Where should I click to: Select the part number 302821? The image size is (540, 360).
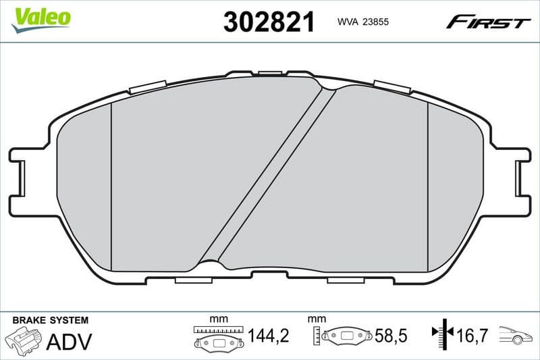coord(269,22)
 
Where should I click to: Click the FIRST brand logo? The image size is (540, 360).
coord(488,22)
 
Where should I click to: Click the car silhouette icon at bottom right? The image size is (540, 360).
coord(516,334)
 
